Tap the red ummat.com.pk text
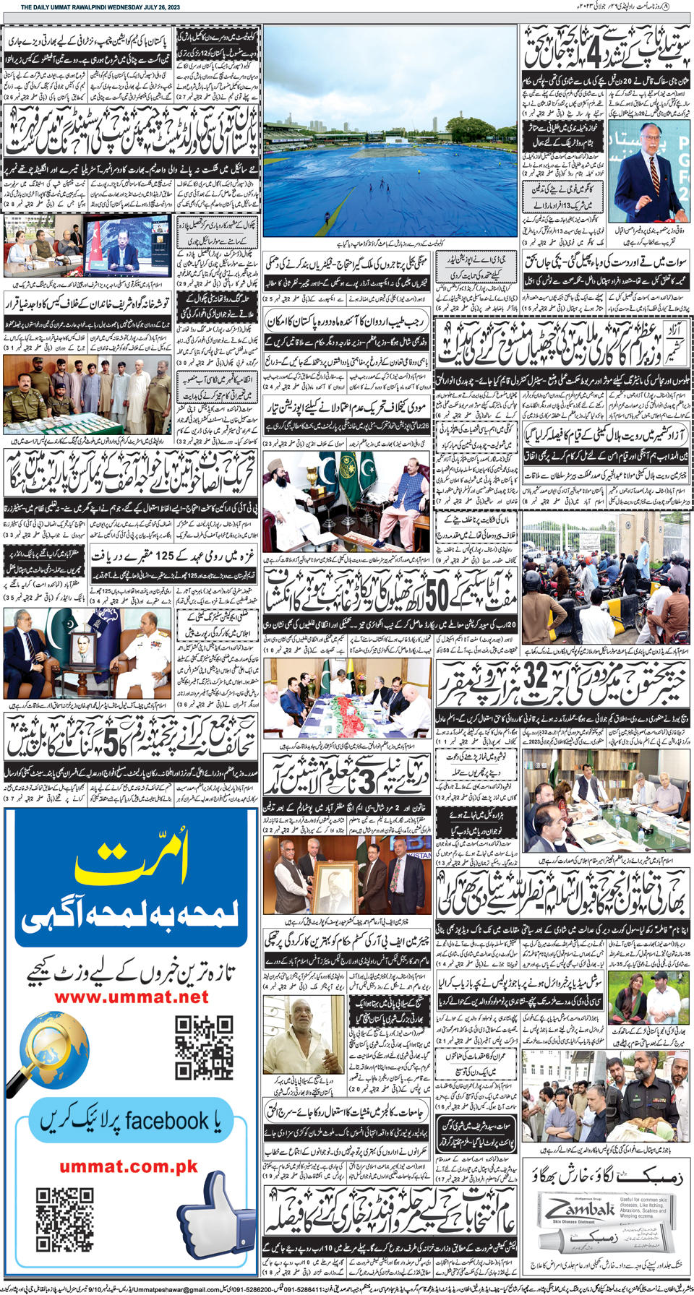(129, 1166)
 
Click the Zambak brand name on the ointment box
(578, 1209)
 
